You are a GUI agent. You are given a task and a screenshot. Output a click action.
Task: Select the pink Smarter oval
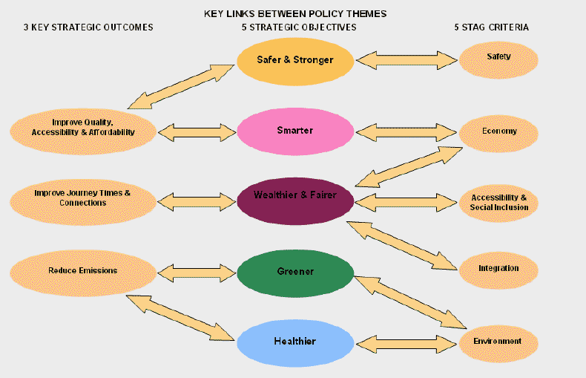[x=295, y=131]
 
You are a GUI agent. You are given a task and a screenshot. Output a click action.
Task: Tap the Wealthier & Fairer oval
[x=295, y=196]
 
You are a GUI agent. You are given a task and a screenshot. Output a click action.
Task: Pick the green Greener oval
[x=295, y=272]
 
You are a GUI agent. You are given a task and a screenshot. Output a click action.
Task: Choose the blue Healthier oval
[x=295, y=341]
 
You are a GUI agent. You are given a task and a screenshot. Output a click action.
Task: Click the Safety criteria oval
[x=498, y=57]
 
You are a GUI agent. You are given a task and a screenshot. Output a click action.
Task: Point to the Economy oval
[x=498, y=131]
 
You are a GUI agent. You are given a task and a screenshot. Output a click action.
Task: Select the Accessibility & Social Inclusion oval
[x=498, y=202]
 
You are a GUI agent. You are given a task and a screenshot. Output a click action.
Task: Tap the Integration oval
[x=498, y=268]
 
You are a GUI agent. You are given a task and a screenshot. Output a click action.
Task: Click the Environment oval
[x=498, y=342]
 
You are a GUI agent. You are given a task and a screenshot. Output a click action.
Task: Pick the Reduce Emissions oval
[x=83, y=270]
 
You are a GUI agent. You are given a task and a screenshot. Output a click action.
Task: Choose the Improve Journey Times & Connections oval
[x=83, y=198]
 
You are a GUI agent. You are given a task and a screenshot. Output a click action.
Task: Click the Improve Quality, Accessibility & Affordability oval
[x=83, y=128]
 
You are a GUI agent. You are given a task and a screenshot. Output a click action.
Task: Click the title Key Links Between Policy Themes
[x=295, y=13]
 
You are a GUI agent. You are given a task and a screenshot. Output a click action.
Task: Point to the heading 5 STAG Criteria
[x=492, y=27]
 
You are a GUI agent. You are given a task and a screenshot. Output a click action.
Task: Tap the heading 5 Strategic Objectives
[x=299, y=27]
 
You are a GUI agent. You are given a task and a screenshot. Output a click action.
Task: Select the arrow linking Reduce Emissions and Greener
[x=197, y=272]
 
